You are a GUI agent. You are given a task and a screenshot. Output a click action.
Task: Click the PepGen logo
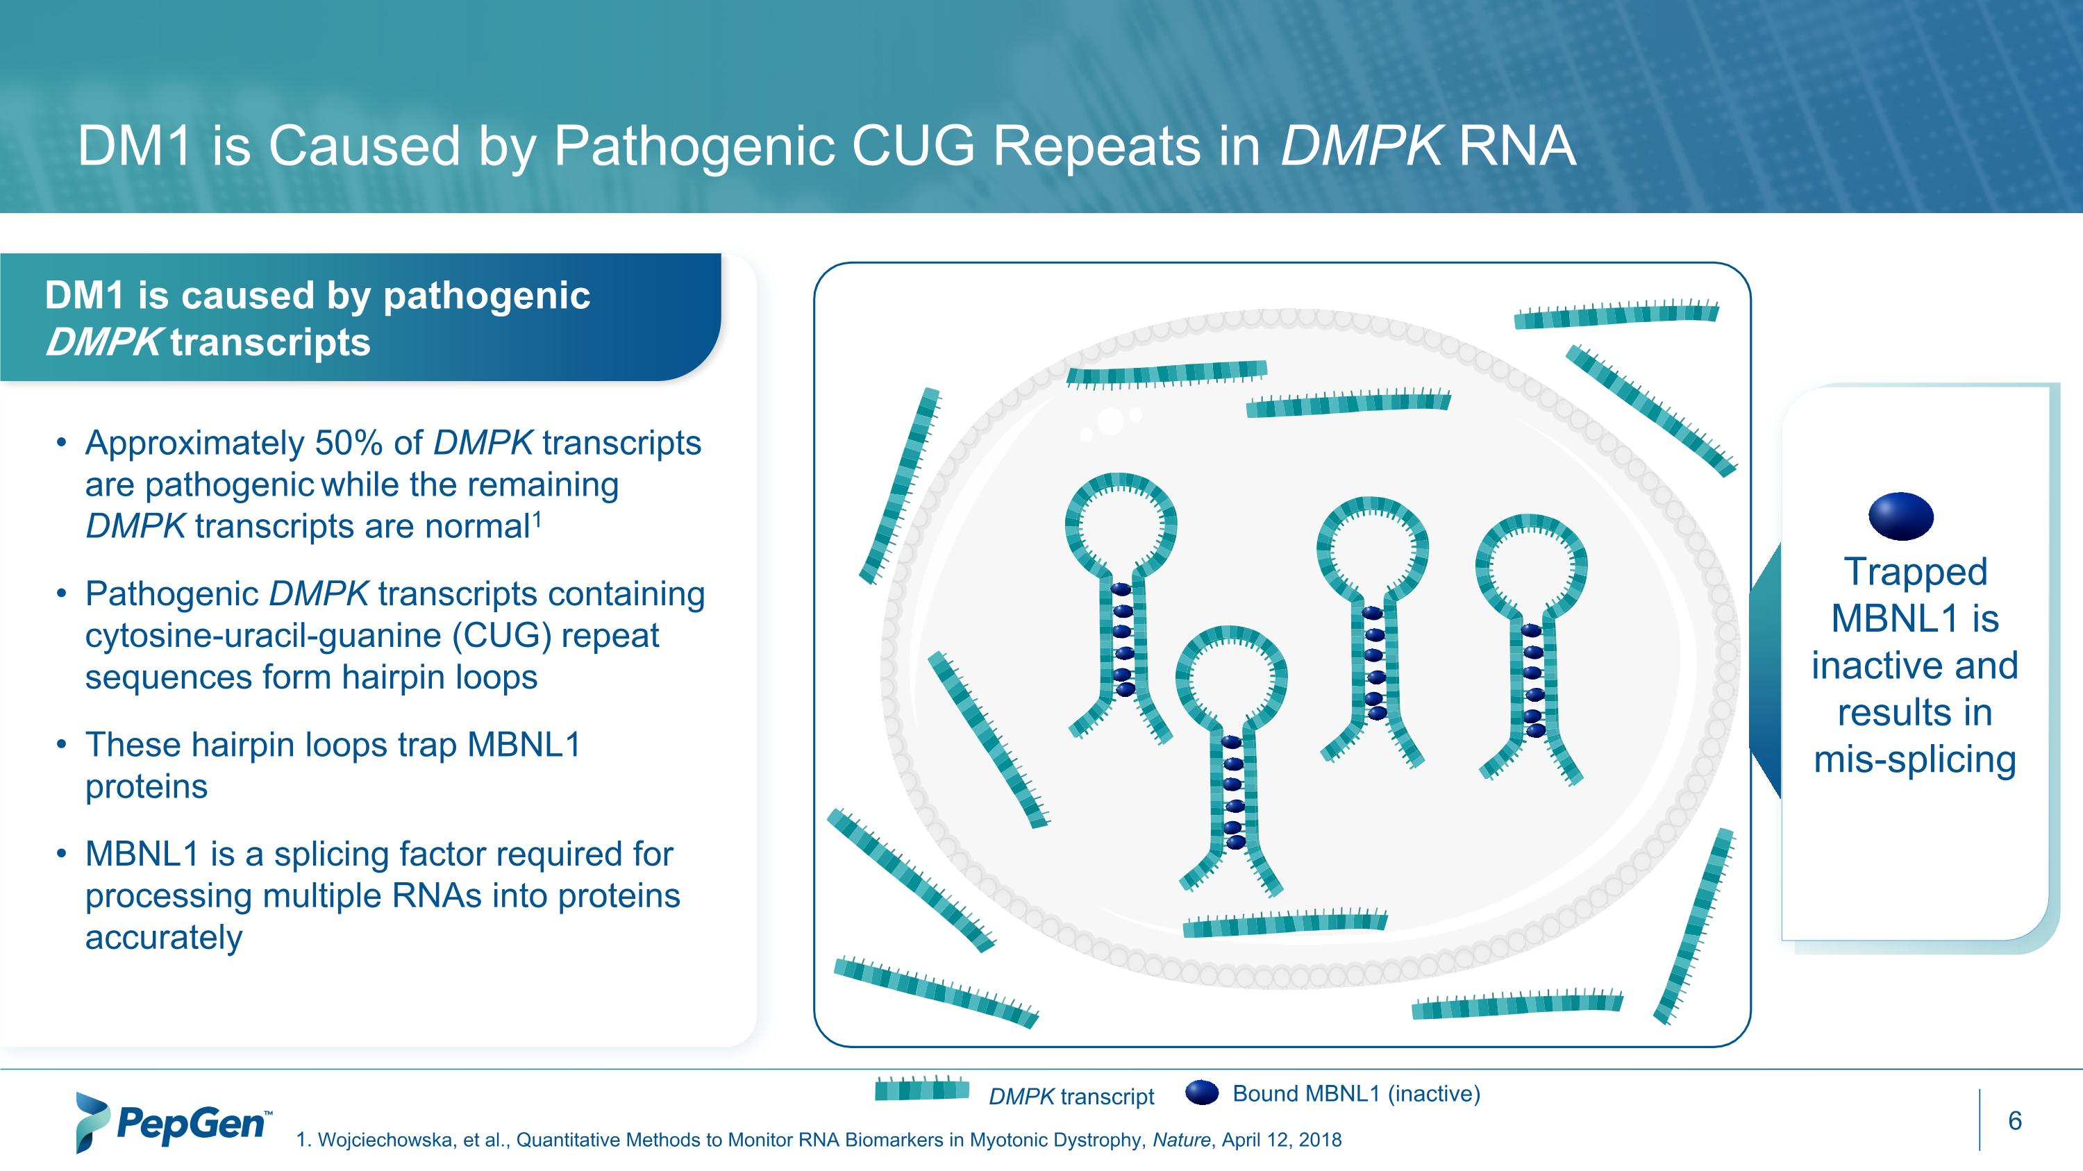(172, 1122)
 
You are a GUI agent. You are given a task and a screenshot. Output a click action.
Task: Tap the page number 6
(2014, 1121)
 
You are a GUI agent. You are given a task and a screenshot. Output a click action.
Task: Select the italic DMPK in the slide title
(1360, 146)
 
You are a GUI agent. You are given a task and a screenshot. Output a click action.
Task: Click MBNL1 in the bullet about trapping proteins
(524, 745)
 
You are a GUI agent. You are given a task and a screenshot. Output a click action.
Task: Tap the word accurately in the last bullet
(163, 938)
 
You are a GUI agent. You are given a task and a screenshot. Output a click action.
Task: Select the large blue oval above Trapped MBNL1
(1901, 516)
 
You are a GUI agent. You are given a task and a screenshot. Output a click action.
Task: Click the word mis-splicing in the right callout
(1914, 759)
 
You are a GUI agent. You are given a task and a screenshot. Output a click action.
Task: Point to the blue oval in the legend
(1202, 1093)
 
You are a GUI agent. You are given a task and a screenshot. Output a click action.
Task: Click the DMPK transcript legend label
(1071, 1097)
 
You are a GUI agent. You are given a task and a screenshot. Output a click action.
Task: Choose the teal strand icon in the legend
(922, 1088)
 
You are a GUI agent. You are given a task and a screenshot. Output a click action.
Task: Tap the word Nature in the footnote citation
(1180, 1140)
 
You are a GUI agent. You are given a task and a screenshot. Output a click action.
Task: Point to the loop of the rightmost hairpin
(1531, 566)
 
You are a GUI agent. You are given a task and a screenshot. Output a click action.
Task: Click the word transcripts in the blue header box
(270, 343)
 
